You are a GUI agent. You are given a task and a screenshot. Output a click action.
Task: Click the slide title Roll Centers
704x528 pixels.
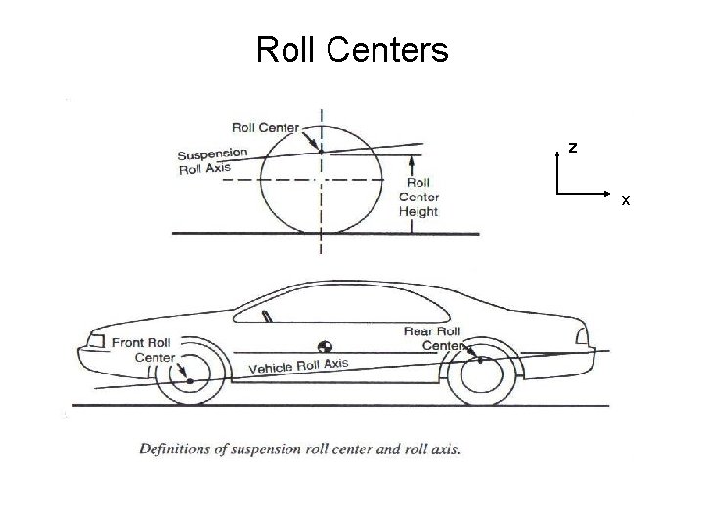[352, 49]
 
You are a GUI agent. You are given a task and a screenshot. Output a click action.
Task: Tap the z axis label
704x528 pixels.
[573, 149]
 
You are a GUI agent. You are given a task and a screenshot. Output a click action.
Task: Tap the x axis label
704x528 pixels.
[626, 200]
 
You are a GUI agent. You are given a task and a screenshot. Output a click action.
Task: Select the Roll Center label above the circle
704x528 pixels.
[265, 126]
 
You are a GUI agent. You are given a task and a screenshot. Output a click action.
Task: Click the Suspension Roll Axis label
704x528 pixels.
[212, 160]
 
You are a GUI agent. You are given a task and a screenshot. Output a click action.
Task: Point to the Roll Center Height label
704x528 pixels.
[418, 197]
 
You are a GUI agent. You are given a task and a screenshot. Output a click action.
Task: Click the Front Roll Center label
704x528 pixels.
[143, 349]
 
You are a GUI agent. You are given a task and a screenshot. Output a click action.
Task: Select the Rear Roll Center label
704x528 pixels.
[432, 338]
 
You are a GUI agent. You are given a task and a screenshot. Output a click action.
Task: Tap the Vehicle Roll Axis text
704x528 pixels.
[298, 366]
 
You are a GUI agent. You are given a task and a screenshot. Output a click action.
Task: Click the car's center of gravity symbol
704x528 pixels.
[325, 346]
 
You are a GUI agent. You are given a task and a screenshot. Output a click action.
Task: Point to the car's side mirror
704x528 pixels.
[265, 315]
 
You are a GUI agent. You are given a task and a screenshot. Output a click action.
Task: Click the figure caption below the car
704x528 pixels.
[299, 449]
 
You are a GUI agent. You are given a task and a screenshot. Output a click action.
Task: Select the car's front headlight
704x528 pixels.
[95, 341]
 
